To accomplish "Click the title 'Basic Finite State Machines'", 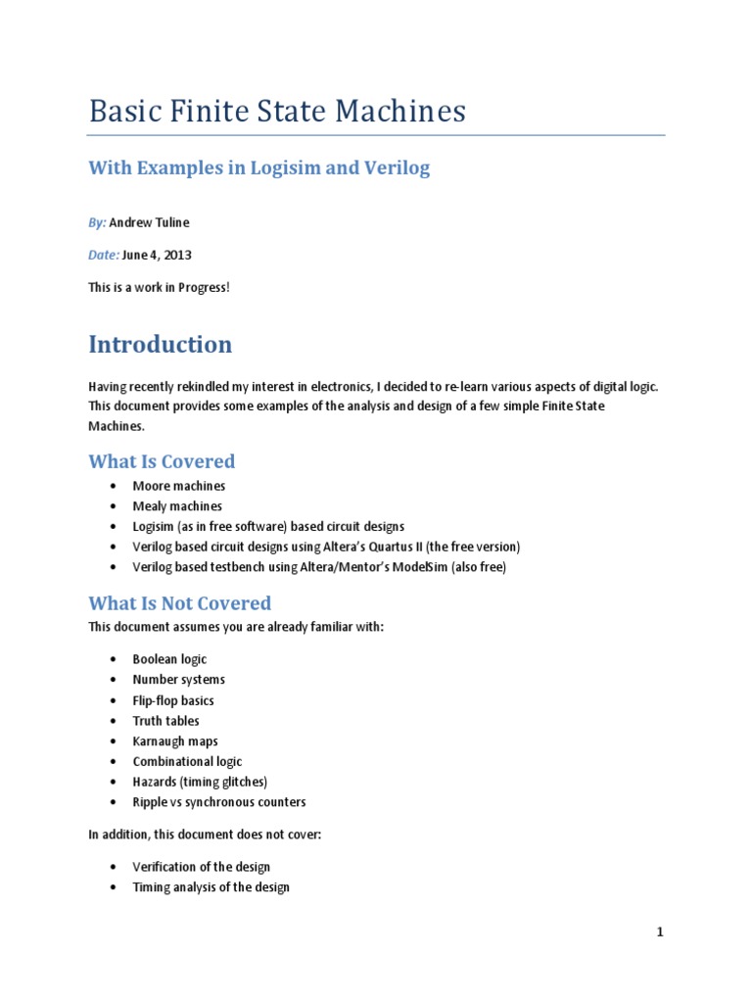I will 277,111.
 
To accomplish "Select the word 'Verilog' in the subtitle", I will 398,167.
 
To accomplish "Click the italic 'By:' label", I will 97,223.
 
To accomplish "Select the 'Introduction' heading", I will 161,345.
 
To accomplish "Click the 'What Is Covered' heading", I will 162,461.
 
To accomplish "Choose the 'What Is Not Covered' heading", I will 179,603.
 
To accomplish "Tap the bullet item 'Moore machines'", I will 179,486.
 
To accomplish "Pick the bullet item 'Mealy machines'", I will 177,506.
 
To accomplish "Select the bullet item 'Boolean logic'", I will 169,659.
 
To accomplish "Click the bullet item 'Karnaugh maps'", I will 175,741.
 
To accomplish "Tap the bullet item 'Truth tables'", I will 166,721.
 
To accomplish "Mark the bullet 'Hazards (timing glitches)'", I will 200,782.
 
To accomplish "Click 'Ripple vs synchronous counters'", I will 219,802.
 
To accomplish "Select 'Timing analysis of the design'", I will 211,887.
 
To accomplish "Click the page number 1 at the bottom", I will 660,932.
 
